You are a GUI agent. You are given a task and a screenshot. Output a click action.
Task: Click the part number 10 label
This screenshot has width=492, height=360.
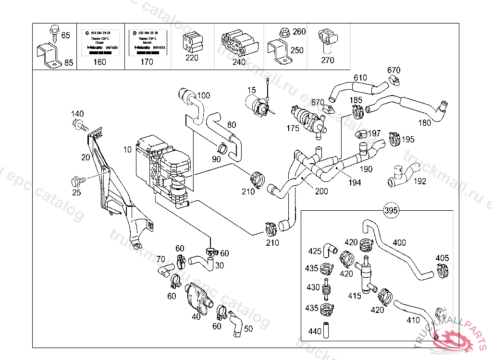(127, 150)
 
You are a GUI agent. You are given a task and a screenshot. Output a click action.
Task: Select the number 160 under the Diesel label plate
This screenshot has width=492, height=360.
(99, 61)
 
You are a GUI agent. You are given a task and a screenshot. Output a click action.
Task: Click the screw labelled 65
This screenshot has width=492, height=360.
(53, 34)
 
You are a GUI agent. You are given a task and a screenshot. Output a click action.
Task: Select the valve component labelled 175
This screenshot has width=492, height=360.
(308, 118)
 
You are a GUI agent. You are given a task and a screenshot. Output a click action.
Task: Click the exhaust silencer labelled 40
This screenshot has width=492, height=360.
(197, 298)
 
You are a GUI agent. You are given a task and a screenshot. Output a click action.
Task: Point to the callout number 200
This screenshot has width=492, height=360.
(321, 191)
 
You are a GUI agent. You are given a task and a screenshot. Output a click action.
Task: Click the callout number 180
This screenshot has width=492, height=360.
(425, 122)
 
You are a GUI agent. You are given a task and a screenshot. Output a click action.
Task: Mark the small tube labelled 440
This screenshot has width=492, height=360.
(326, 330)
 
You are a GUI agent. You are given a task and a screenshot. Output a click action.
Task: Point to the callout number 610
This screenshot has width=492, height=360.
(360, 78)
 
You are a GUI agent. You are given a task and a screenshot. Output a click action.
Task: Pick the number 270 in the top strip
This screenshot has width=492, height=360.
(328, 60)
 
